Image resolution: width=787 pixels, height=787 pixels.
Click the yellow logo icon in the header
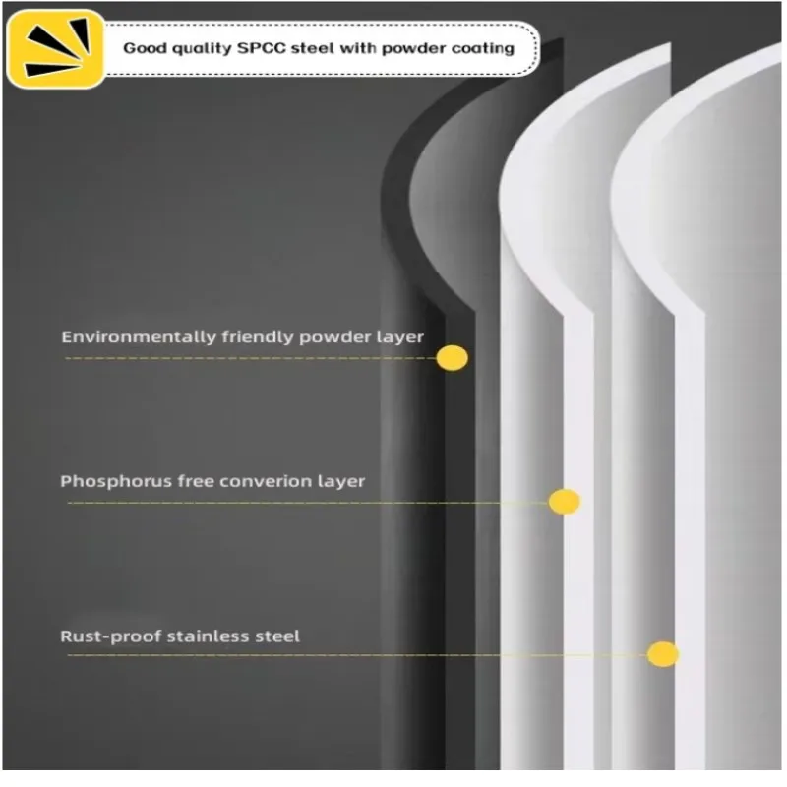tap(54, 48)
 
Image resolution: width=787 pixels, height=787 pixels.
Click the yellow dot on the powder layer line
tap(452, 358)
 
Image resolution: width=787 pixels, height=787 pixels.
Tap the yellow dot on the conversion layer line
tap(564, 502)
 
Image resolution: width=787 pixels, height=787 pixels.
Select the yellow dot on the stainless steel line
tap(662, 654)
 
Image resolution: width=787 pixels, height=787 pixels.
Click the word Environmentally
tap(126, 337)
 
